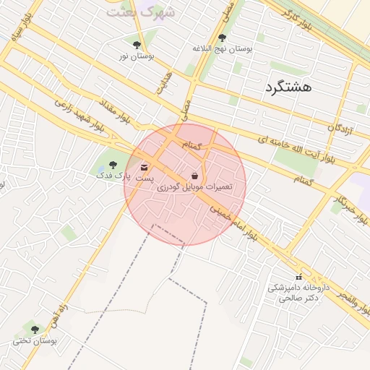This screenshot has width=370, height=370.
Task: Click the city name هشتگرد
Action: [288, 87]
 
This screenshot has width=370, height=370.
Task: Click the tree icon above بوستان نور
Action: [137, 45]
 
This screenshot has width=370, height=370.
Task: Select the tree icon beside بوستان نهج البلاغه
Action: [222, 38]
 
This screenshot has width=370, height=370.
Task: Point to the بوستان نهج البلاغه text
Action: [222, 48]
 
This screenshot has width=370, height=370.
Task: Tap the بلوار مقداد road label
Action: [113, 106]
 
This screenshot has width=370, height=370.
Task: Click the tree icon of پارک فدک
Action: [112, 165]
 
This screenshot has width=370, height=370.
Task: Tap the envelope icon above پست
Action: [145, 167]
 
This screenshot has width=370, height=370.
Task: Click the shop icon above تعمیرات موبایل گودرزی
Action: [195, 176]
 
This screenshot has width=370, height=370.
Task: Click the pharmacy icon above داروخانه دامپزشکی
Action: [298, 277]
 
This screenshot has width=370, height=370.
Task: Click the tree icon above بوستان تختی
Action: [35, 330]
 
